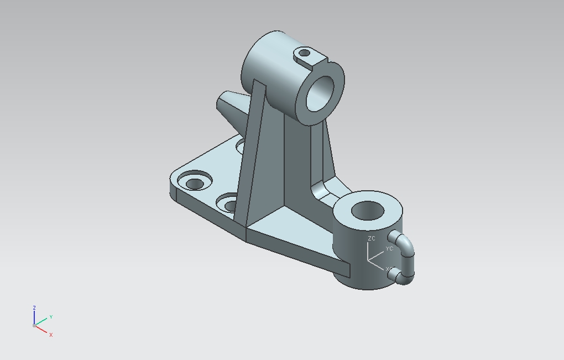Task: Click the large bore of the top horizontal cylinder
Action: pyautogui.click(x=320, y=92)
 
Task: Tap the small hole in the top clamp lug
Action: pyautogui.click(x=304, y=53)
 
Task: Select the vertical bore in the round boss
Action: pyautogui.click(x=368, y=211)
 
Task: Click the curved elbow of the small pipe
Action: pyautogui.click(x=408, y=247)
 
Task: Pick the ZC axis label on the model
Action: pyautogui.click(x=371, y=238)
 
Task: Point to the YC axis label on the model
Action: pyautogui.click(x=389, y=249)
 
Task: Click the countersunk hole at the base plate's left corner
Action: pyautogui.click(x=195, y=183)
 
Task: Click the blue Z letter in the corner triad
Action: pyautogui.click(x=34, y=308)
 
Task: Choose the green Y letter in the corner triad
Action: pyautogui.click(x=51, y=317)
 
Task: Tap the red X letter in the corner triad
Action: pyautogui.click(x=51, y=335)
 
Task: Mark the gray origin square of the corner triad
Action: pyautogui.click(x=34, y=326)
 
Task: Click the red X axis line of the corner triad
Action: pyautogui.click(x=42, y=330)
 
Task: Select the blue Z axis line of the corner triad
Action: pyautogui.click(x=34, y=317)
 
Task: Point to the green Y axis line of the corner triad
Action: pyautogui.click(x=42, y=321)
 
